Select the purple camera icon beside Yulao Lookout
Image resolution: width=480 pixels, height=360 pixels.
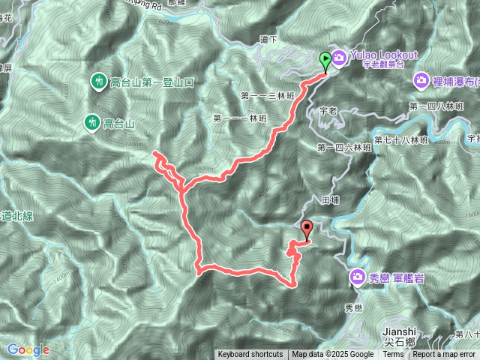[x=338, y=57]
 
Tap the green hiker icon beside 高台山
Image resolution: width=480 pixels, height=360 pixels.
[x=91, y=121]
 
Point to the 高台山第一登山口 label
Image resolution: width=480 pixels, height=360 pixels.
[x=153, y=81]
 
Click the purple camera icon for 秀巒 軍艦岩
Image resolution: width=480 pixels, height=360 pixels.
[x=357, y=278]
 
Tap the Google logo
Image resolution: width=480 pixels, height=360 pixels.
[x=28, y=349]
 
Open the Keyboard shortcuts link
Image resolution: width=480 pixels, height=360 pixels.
[x=250, y=355]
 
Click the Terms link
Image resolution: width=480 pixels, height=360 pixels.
[x=393, y=355]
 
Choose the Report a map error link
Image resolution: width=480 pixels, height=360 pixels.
[x=444, y=355]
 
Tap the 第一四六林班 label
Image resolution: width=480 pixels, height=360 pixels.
[x=344, y=148]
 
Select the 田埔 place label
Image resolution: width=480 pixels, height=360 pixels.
[x=331, y=200]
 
